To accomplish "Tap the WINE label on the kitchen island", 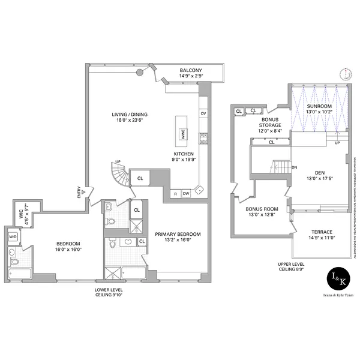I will pyautogui.click(x=183, y=134).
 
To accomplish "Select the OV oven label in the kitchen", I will pyautogui.click(x=203, y=113).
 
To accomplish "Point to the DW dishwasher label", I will pyautogui.click(x=187, y=193).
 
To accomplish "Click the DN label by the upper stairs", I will pyautogui.click(x=295, y=167).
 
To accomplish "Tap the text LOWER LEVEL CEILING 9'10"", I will pyautogui.click(x=110, y=292).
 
